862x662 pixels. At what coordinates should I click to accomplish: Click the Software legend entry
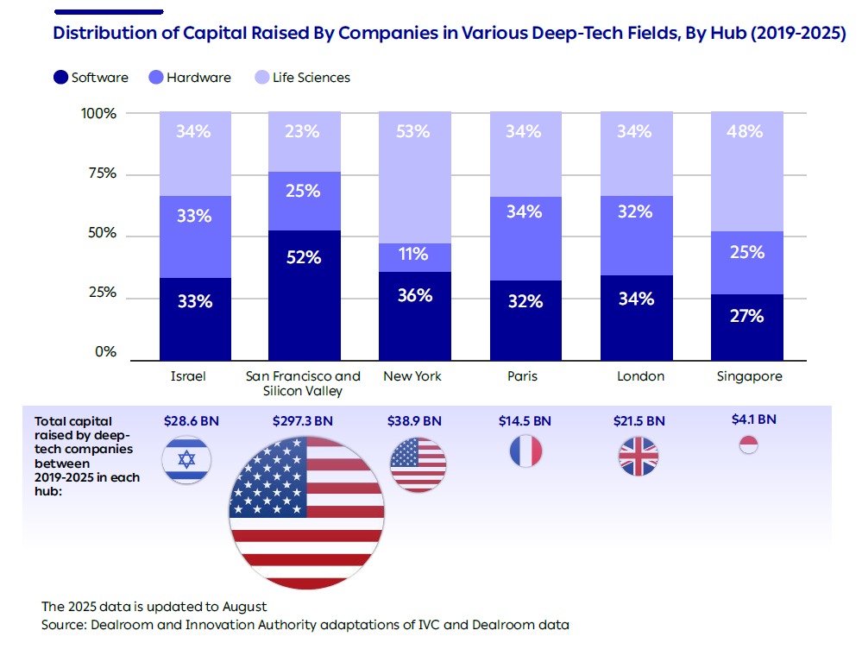[x=91, y=78]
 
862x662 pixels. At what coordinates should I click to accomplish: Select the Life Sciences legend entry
[x=302, y=78]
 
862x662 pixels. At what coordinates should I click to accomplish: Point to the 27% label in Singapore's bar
[x=746, y=316]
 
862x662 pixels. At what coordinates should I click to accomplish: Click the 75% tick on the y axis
[x=99, y=173]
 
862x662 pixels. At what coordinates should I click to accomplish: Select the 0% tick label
[x=105, y=352]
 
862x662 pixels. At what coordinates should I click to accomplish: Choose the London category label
[x=640, y=376]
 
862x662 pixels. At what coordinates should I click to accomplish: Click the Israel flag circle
[x=186, y=459]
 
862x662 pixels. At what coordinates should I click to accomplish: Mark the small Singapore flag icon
[x=748, y=445]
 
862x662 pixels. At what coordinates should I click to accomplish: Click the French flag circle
[x=525, y=451]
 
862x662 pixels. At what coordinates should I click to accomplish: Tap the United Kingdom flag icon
[x=639, y=457]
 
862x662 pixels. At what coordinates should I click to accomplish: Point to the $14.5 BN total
[x=525, y=421]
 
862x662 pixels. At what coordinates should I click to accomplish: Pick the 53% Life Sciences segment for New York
[x=414, y=177]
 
